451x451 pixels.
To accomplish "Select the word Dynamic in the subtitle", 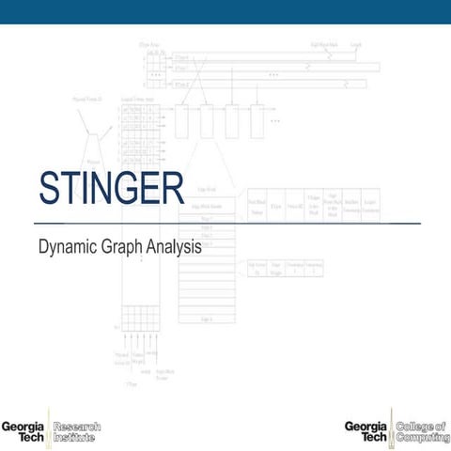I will point(68,248).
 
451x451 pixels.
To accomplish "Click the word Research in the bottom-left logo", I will point(78,428).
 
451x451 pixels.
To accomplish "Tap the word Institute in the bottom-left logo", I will point(76,439).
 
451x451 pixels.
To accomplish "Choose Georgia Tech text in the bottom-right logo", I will point(365,433).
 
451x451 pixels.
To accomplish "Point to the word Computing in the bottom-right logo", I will point(422,439).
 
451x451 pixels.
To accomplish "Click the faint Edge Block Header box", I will point(205,206).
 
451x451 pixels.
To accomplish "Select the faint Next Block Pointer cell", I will point(257,207).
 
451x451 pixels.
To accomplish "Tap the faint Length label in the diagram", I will point(356,44).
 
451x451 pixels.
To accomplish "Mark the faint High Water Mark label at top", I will point(325,44).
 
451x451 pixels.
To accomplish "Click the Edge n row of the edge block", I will point(206,320).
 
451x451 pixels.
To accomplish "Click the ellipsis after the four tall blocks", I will point(275,121).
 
